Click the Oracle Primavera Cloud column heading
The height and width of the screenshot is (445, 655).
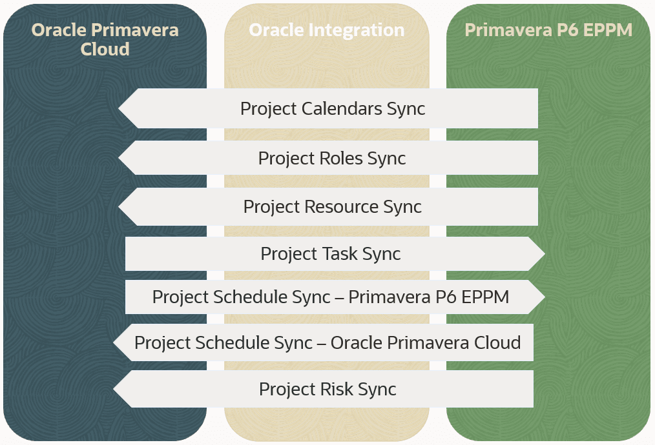click(105, 39)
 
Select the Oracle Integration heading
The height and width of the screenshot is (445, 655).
click(326, 30)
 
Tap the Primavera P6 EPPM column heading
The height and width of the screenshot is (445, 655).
click(548, 30)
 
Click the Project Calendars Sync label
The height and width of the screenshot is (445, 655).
click(333, 108)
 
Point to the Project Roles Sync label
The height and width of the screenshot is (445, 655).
click(332, 158)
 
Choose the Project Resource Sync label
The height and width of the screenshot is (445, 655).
click(332, 207)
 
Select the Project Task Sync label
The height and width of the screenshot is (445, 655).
click(331, 254)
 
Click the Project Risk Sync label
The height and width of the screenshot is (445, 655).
click(327, 389)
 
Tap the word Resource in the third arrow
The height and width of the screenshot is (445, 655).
click(341, 207)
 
